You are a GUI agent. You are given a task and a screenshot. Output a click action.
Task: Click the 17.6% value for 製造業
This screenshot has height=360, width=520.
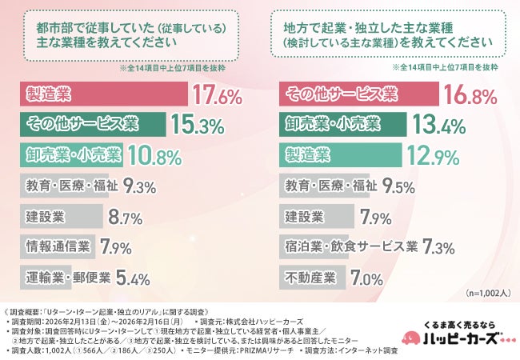(x=218, y=96)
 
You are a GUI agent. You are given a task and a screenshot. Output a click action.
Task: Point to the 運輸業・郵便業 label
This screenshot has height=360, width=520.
(x=64, y=278)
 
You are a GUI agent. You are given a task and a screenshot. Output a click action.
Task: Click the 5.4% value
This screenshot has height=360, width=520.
(x=134, y=279)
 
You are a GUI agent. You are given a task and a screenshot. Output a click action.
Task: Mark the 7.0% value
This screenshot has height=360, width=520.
(x=367, y=279)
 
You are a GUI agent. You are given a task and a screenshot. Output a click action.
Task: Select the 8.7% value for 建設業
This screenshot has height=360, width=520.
(x=126, y=218)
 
